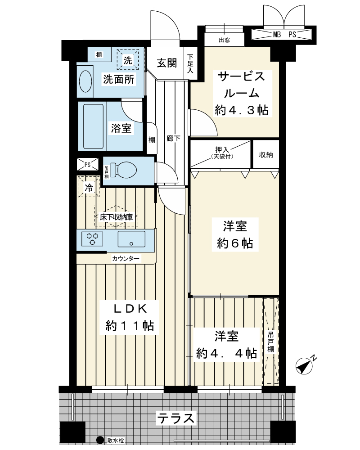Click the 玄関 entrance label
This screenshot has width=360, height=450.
pos(167,63)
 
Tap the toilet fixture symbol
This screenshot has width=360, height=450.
pos(123,170)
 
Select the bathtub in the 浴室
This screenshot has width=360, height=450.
pos(93,126)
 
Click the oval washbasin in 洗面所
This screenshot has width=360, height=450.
pos(85,81)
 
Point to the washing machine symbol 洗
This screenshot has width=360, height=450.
pos(128,60)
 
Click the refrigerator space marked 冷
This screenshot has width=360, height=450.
pos(89,187)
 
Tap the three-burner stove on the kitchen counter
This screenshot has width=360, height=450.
pos(92,239)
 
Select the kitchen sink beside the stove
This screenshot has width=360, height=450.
pos(131,239)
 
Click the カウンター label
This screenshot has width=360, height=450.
pos(126,259)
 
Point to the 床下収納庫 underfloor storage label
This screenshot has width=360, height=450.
pos(116,217)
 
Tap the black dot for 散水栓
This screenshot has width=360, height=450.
pos(100,440)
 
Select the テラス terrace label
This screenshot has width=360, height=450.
pos(175,418)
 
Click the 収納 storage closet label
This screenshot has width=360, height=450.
pos(266,155)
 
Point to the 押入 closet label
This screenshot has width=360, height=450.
pos(222,149)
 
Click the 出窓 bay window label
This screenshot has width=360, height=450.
pos(224,40)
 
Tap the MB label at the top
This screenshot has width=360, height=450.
pos(277,35)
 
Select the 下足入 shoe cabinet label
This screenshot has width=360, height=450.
pos(190,63)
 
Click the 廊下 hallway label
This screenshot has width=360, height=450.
pos(173,138)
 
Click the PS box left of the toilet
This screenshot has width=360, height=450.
pos(88,164)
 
